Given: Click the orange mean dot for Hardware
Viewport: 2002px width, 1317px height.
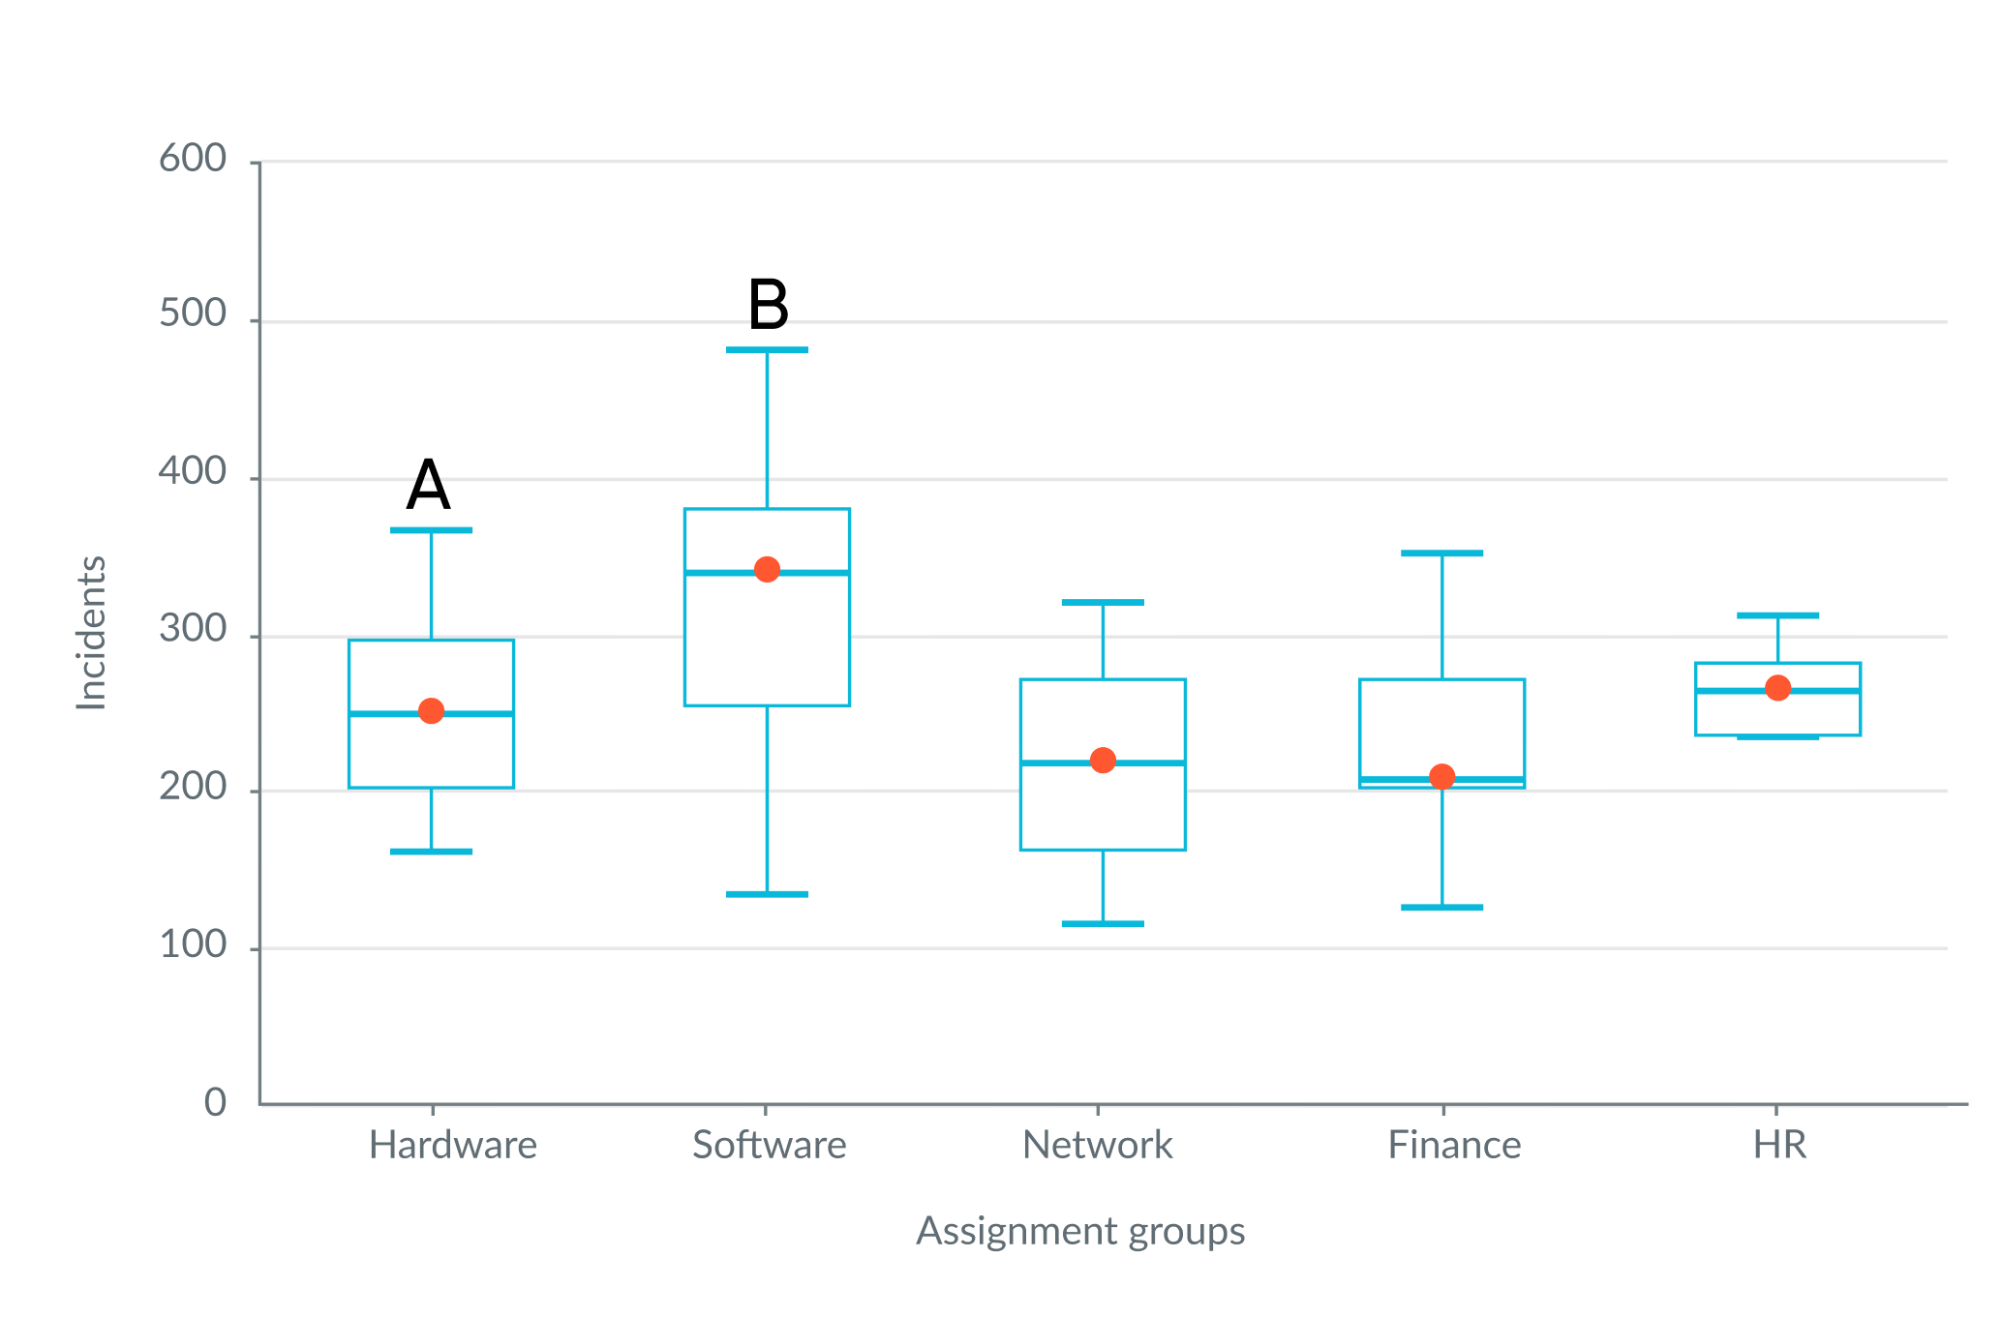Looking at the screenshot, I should [x=431, y=711].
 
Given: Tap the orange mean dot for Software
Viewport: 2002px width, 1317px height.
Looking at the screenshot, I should [x=767, y=569].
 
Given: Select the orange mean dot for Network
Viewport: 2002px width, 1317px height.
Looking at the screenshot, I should [x=1103, y=761].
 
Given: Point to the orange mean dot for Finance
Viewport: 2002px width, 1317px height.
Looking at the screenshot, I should [x=1441, y=776].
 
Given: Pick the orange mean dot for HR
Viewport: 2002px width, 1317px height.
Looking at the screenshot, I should [x=1777, y=688].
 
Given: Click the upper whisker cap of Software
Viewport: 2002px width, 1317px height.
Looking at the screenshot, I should [x=767, y=350].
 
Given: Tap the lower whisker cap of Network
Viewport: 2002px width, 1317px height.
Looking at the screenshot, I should [x=1103, y=924].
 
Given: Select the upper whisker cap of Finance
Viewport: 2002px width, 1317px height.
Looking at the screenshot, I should [x=1441, y=554].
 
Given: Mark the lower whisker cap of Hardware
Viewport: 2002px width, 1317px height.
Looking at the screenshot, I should [x=431, y=852].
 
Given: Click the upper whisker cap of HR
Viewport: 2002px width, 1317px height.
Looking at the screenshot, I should [x=1777, y=615].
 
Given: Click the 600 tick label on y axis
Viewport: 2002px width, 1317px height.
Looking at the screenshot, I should [x=193, y=159].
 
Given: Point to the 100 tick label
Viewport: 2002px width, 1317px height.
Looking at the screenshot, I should [x=193, y=945].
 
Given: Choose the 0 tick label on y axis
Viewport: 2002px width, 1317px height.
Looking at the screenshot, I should [x=215, y=1103].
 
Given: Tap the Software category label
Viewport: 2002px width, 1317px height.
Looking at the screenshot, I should [x=769, y=1146].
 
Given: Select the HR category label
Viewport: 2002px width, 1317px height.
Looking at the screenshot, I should [x=1779, y=1146].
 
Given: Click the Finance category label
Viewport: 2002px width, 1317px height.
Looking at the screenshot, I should [x=1453, y=1146].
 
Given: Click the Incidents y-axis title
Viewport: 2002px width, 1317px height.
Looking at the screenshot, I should [x=91, y=633].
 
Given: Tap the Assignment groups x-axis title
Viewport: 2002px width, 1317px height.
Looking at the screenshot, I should [x=1080, y=1232].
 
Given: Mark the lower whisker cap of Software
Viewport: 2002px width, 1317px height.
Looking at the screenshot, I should [x=767, y=894].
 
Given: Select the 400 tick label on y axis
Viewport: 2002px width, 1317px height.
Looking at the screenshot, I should [x=193, y=473].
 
